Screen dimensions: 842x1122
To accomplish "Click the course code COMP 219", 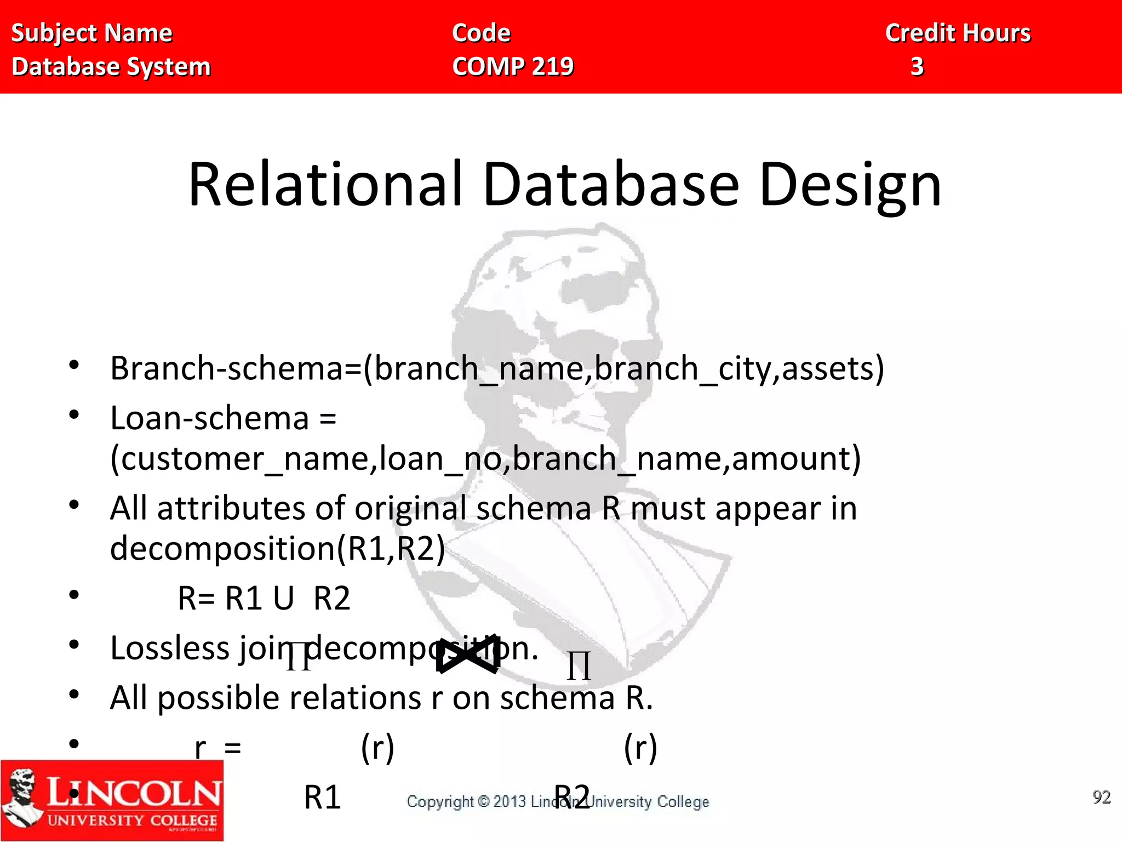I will (x=513, y=66).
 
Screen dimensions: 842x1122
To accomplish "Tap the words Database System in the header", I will (x=111, y=67).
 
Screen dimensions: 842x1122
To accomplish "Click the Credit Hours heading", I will (x=958, y=33).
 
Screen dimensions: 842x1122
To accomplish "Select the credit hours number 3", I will (x=917, y=66).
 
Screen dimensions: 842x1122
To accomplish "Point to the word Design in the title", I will (x=850, y=186).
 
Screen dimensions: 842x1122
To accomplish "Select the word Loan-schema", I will (x=210, y=418).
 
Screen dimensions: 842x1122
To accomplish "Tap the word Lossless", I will (x=170, y=648).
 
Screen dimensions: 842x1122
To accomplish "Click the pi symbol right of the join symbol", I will (x=579, y=666).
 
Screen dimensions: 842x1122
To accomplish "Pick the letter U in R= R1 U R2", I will (x=284, y=598).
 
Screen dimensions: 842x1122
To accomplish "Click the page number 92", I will (x=1101, y=797).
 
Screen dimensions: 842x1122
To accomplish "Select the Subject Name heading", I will (x=92, y=33).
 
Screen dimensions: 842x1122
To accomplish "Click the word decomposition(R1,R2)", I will (x=277, y=548).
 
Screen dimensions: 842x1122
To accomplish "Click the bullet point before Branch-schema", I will (x=75, y=365).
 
